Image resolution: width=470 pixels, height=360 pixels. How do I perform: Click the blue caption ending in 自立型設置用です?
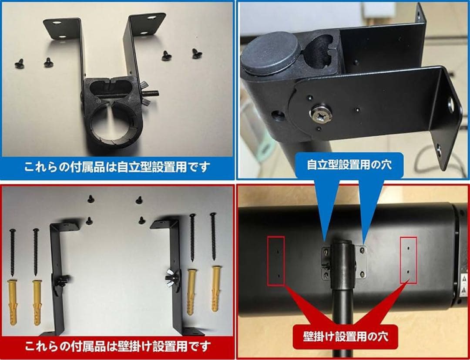tap(117, 167)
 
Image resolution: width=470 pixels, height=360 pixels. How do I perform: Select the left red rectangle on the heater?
tap(276, 261)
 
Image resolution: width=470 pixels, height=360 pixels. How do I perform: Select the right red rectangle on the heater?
tap(408, 261)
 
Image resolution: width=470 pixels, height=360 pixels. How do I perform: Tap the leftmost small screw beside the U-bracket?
tap(19, 63)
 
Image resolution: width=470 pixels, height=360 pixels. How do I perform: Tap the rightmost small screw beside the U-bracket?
tap(197, 53)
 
